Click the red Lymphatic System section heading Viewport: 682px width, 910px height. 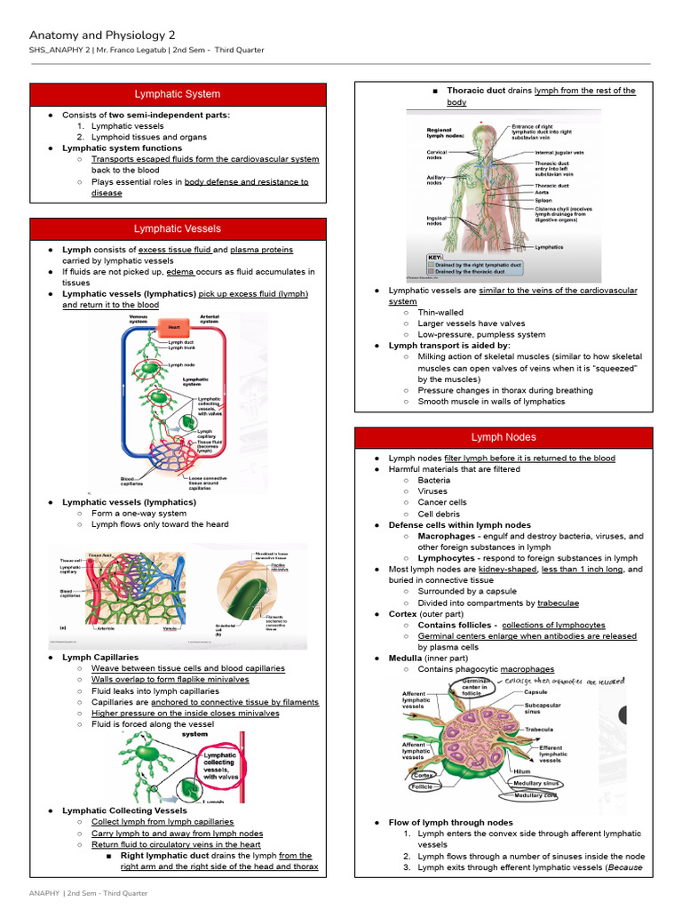178,94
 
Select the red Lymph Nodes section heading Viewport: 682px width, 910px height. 504,437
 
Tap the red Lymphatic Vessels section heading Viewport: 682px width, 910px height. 178,229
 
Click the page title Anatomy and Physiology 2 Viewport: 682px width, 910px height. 102,35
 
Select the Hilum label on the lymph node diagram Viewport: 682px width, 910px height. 522,771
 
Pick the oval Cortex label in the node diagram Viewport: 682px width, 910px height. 423,775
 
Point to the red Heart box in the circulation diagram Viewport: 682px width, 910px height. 174,327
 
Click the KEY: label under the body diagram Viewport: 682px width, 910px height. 435,257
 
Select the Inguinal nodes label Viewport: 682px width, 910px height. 436,220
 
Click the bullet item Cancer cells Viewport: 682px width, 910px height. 442,502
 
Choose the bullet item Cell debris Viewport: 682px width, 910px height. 439,514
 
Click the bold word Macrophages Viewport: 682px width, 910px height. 447,536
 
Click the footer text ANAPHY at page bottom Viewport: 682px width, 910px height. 44,891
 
